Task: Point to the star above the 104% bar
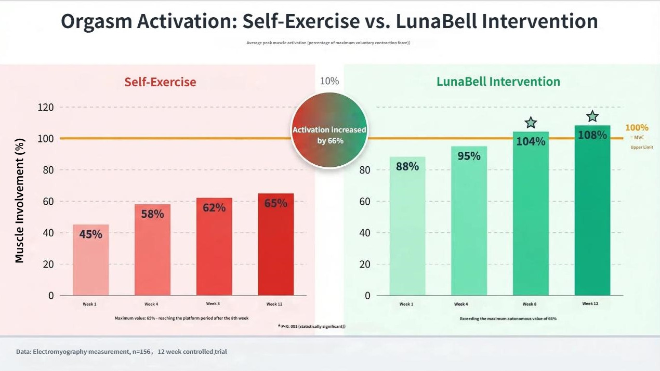coord(531,123)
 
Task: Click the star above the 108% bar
coord(592,117)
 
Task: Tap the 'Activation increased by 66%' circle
coord(329,130)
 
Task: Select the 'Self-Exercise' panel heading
coord(160,82)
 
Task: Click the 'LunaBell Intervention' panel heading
coord(498,82)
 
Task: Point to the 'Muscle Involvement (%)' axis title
coord(20,201)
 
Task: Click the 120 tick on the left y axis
coord(46,108)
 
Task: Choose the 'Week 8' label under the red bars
coord(213,303)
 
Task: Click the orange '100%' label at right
coord(636,128)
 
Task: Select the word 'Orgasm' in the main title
coord(97,21)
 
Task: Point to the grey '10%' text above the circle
coord(329,81)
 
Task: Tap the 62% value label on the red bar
coord(214,207)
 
